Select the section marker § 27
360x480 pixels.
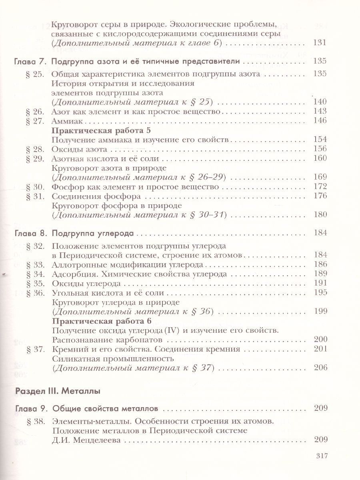coord(34,121)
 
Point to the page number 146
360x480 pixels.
coord(321,121)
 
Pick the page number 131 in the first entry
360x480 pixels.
coord(321,43)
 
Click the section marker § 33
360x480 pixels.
coord(34,265)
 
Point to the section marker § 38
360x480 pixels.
coord(34,421)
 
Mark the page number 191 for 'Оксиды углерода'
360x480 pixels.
coord(321,284)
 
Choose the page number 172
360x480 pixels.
coord(321,187)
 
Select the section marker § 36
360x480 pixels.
coord(34,293)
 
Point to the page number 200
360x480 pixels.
coord(321,340)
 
